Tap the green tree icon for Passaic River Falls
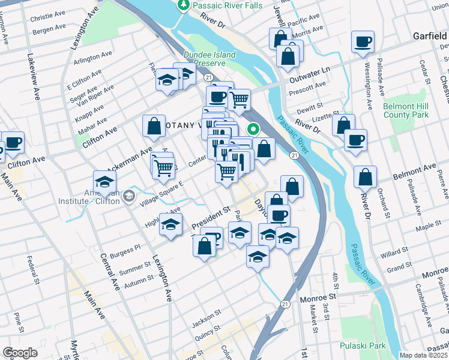point(183,5)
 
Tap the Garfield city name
point(430,36)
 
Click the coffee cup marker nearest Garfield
point(363,42)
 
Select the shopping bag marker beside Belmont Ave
point(365,178)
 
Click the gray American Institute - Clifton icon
point(128,196)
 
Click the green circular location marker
point(254,128)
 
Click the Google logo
point(20,352)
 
